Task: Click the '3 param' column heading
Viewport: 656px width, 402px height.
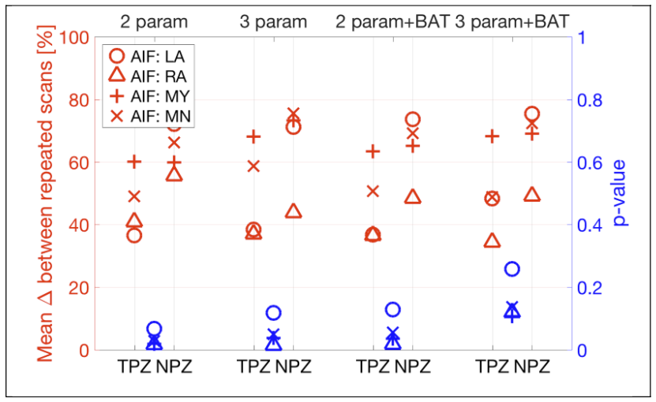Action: (x=273, y=21)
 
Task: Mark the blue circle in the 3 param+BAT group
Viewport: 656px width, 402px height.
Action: (x=512, y=270)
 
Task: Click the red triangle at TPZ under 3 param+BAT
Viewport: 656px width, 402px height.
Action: (x=492, y=240)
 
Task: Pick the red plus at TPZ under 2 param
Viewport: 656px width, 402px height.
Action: (x=134, y=162)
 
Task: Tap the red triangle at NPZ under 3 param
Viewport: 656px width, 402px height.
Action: (x=293, y=211)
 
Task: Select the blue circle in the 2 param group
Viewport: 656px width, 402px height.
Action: (x=155, y=329)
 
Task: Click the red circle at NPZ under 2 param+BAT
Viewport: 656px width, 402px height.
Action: (x=412, y=120)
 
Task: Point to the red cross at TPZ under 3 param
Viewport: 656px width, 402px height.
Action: (x=253, y=166)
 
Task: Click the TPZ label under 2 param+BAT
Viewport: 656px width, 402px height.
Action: (x=373, y=367)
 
